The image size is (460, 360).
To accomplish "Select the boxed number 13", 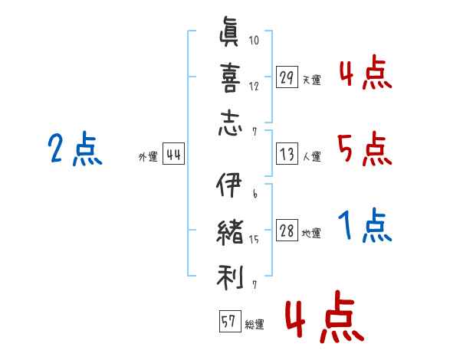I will (x=287, y=155).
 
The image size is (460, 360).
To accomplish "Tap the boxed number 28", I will (x=287, y=231).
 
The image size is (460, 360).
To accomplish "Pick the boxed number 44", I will (x=173, y=155).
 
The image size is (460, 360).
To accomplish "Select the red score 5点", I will (x=363, y=149).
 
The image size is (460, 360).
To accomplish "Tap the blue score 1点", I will (x=365, y=227).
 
